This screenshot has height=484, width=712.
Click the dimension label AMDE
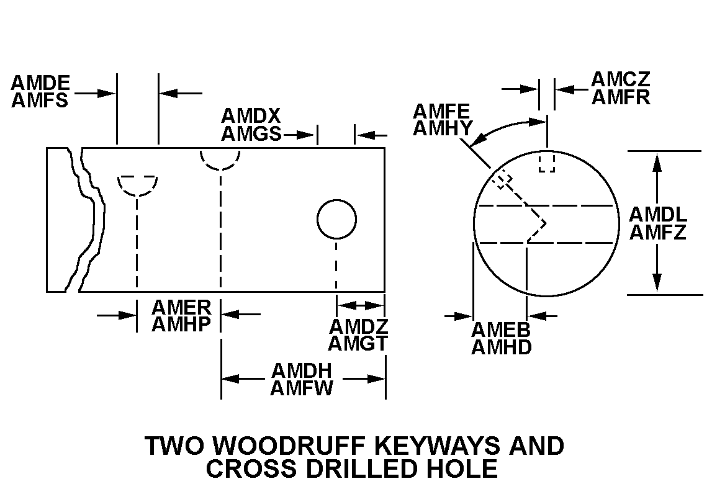click(x=40, y=83)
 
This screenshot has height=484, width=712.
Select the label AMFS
click(x=40, y=101)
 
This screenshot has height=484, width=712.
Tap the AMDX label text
click(x=251, y=116)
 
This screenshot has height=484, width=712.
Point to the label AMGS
click(x=251, y=134)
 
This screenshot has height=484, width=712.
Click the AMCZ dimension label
click(x=620, y=79)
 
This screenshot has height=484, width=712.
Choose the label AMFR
click(x=620, y=97)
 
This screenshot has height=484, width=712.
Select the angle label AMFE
click(x=441, y=111)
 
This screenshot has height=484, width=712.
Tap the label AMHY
click(x=443, y=128)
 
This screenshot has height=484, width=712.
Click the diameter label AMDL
click(x=658, y=215)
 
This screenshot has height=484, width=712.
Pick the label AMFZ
click(x=658, y=233)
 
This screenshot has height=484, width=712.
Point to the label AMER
click(x=181, y=307)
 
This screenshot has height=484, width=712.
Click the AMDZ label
click(x=358, y=326)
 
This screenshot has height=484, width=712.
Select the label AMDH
click(x=302, y=370)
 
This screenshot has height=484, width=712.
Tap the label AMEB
click(x=501, y=329)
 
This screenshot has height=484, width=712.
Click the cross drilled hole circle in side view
click(x=336, y=219)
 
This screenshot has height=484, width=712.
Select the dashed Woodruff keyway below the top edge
click(x=137, y=185)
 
